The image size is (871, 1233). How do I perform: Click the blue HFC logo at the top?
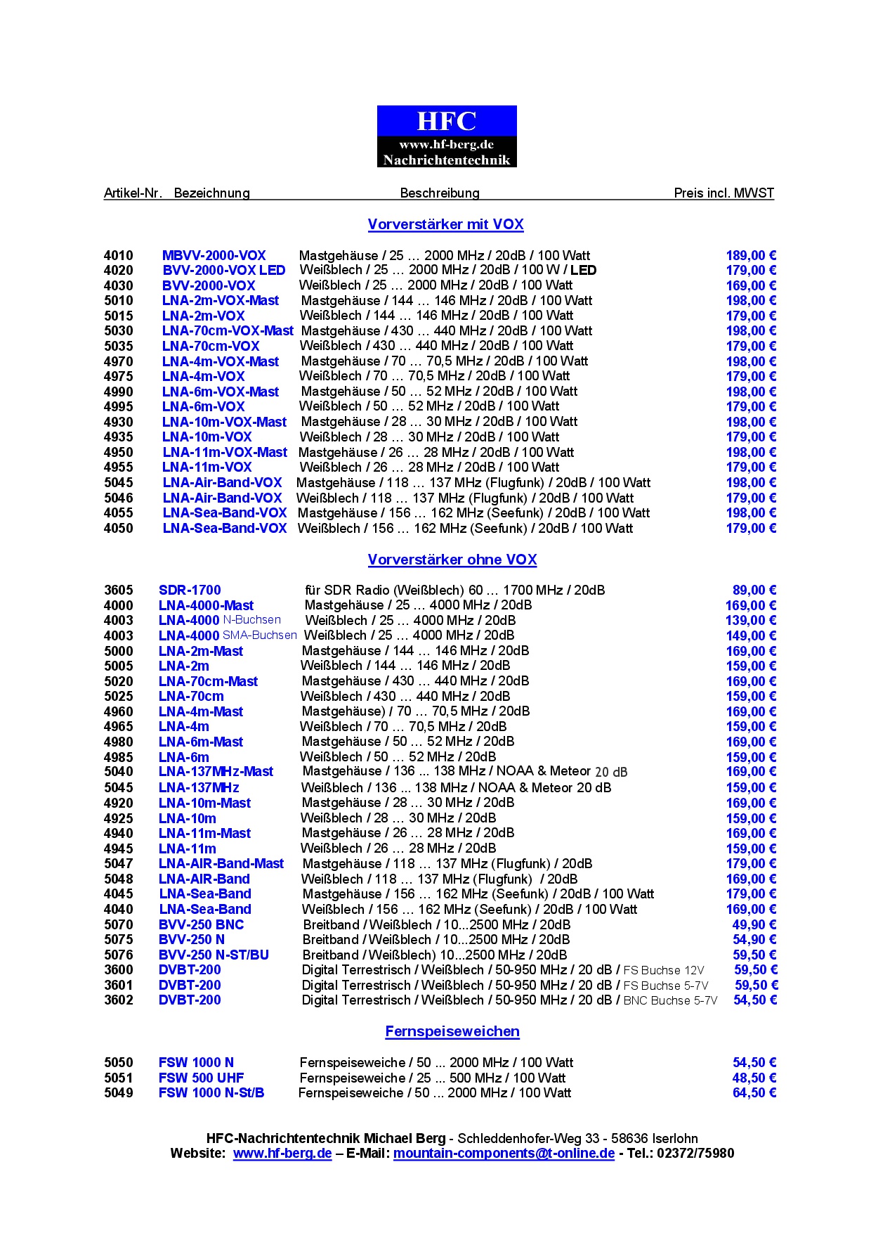(447, 136)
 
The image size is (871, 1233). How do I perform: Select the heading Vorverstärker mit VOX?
(445, 224)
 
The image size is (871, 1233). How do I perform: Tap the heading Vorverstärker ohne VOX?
(452, 560)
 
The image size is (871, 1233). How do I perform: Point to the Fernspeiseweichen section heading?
(452, 1031)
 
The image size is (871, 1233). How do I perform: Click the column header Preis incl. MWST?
(723, 193)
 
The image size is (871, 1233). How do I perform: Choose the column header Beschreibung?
(440, 193)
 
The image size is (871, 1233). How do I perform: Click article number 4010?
(118, 255)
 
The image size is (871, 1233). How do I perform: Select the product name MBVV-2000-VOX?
(214, 255)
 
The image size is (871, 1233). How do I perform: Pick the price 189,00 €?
(751, 255)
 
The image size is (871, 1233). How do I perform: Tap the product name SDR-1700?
(190, 590)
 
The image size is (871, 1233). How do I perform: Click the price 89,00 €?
(754, 590)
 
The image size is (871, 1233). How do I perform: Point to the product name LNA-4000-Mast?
(206, 605)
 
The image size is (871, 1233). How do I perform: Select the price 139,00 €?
(751, 620)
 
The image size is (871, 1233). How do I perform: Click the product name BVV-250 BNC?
(201, 924)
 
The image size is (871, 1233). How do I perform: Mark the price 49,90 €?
(754, 924)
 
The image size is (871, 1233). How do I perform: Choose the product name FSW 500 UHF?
(201, 1078)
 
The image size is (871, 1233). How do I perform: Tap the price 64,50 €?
(754, 1092)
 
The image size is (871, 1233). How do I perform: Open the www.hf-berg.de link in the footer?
(282, 1153)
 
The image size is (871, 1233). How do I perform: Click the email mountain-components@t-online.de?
(504, 1153)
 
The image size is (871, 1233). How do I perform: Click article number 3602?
(118, 1000)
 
